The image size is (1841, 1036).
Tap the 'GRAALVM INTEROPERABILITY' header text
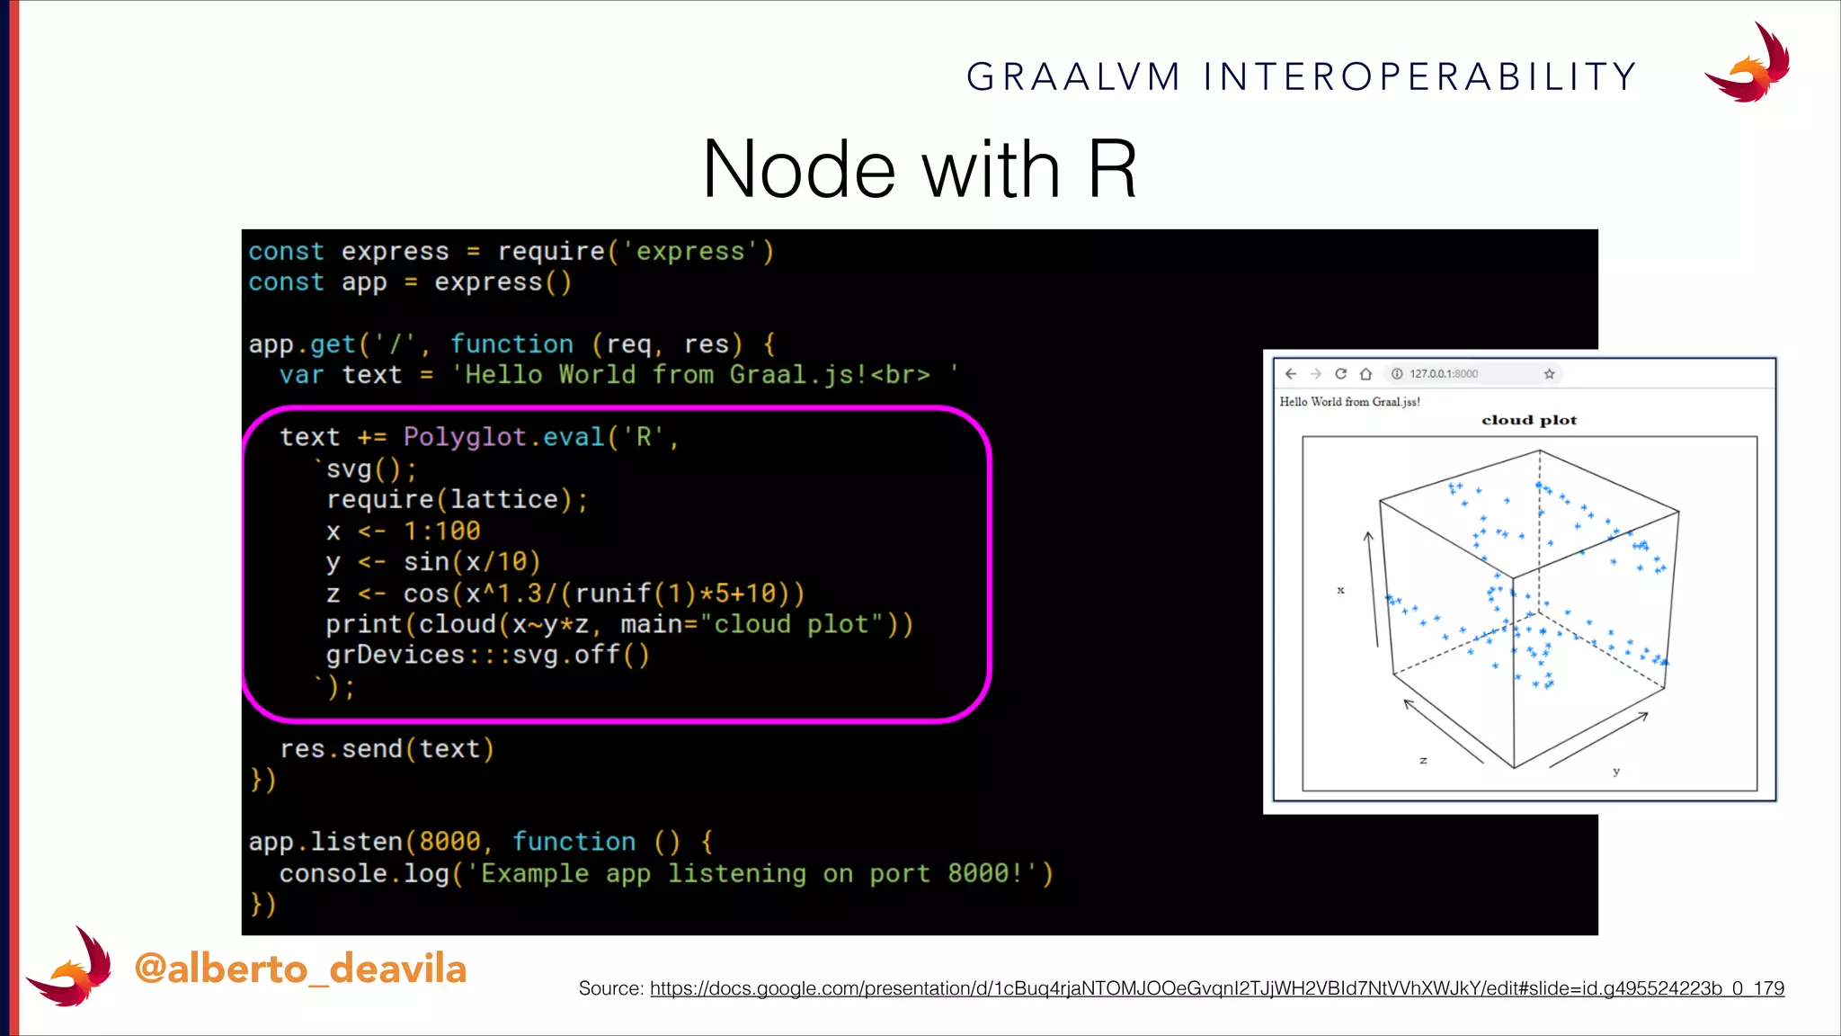(1301, 77)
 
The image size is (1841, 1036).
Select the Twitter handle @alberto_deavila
(300, 969)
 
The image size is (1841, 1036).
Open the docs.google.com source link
(1216, 988)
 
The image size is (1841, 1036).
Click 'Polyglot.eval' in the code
(503, 437)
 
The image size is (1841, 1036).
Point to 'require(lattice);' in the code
(457, 499)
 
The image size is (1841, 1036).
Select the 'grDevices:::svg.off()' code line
(486, 655)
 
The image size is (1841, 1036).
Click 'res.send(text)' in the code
(387, 748)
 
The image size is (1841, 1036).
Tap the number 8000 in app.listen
(449, 842)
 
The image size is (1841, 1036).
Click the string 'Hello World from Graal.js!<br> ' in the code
(705, 375)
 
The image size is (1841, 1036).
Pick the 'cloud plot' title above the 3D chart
(1529, 420)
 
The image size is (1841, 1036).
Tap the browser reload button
(1340, 374)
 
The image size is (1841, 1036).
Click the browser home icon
(1365, 374)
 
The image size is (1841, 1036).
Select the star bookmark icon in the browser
(1549, 374)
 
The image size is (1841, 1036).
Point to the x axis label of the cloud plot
(1340, 591)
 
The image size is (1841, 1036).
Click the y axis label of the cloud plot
(1616, 772)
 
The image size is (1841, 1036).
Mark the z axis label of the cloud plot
(1423, 761)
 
